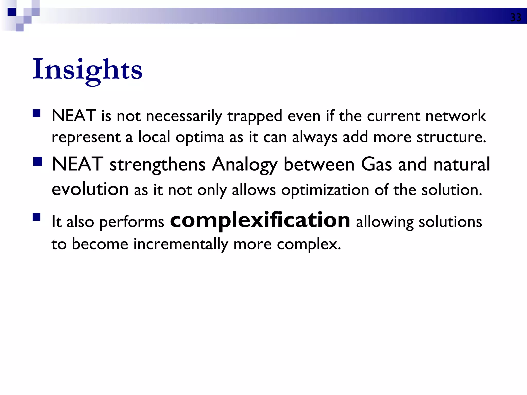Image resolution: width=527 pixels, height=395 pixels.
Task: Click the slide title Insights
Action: pyautogui.click(x=87, y=69)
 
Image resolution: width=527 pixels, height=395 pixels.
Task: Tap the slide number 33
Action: pyautogui.click(x=515, y=17)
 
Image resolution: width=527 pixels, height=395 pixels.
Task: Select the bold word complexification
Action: pyautogui.click(x=260, y=220)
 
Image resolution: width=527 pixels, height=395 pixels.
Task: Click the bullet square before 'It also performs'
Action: pyautogui.click(x=37, y=217)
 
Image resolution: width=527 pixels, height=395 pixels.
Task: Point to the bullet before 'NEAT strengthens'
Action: pyautogui.click(x=37, y=162)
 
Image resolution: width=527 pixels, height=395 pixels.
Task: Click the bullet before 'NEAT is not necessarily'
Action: pyautogui.click(x=37, y=113)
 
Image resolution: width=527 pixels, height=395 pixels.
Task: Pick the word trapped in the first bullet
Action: pyautogui.click(x=255, y=116)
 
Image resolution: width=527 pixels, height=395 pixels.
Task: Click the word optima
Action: pyautogui.click(x=200, y=137)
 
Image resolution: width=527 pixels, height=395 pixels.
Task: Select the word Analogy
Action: pyautogui.click(x=244, y=165)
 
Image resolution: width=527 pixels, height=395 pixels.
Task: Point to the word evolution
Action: pyautogui.click(x=90, y=189)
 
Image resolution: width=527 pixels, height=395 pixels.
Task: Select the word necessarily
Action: pyautogui.click(x=184, y=116)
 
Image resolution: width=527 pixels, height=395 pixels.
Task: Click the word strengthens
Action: pyautogui.click(x=157, y=165)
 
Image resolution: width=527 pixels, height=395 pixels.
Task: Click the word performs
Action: pyautogui.click(x=131, y=222)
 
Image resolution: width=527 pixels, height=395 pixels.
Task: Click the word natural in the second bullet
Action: pyautogui.click(x=462, y=164)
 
